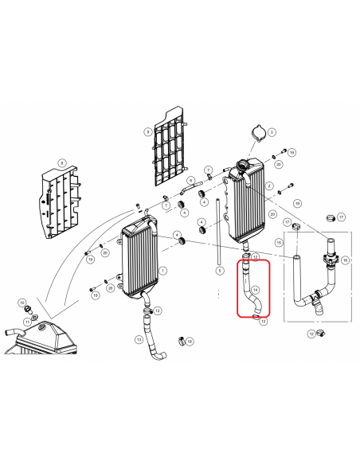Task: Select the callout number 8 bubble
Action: (x=60, y=162)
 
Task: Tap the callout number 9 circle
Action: (x=148, y=131)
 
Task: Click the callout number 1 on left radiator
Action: (x=162, y=270)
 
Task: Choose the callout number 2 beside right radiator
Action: (x=270, y=186)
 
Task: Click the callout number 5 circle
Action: (x=220, y=271)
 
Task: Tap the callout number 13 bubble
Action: (x=139, y=339)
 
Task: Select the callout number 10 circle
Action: (x=96, y=295)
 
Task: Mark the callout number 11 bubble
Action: (x=26, y=320)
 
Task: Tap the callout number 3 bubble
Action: (x=272, y=132)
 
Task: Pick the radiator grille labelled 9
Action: (x=169, y=147)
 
